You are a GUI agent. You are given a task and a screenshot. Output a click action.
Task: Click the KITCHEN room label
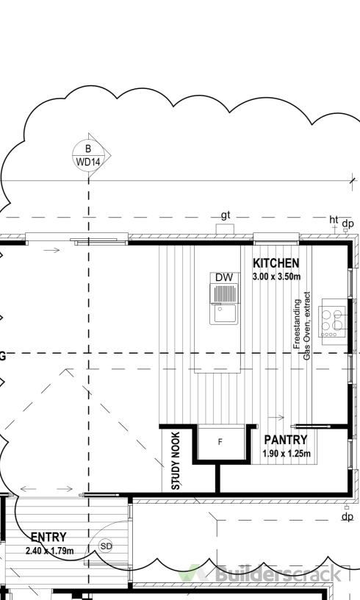(276, 263)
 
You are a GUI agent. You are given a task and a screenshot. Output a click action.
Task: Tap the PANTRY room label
(286, 440)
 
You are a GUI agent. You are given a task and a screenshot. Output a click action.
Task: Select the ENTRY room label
(48, 537)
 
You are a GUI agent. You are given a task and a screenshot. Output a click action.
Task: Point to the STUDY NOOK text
(176, 461)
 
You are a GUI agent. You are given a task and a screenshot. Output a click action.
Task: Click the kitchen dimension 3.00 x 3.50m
(277, 276)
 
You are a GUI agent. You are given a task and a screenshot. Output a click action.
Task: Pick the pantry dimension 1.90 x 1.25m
(287, 454)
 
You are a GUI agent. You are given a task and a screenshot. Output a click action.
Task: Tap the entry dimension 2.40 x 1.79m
(50, 551)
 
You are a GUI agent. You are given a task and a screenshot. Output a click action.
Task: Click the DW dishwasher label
(224, 277)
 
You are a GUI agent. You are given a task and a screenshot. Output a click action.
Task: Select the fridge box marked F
(220, 442)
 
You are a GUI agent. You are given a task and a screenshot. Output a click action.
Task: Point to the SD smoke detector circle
(106, 546)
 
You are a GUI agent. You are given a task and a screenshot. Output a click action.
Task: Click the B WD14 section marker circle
(88, 155)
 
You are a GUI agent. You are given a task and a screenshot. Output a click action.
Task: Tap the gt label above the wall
(226, 215)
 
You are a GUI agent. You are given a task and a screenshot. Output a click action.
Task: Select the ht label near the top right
(334, 220)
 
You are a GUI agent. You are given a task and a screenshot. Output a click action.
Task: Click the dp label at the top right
(348, 223)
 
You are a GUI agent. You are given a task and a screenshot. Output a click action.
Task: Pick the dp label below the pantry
(348, 517)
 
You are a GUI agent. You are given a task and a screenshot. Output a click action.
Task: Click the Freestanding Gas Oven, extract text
(301, 326)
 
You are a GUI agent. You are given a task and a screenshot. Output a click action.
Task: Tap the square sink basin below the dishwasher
(224, 314)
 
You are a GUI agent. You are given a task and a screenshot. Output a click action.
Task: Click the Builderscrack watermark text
(278, 574)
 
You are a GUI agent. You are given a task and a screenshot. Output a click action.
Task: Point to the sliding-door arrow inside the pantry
(276, 418)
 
